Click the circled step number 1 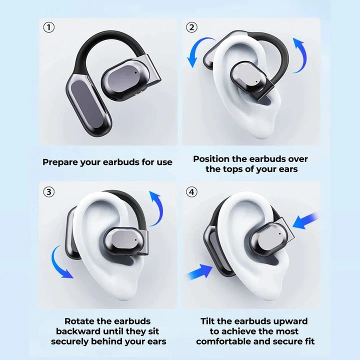tap(48, 27)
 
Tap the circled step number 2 tap(191, 27)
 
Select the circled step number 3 tap(48, 191)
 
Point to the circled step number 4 tap(191, 191)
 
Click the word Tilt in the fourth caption tap(209, 321)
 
